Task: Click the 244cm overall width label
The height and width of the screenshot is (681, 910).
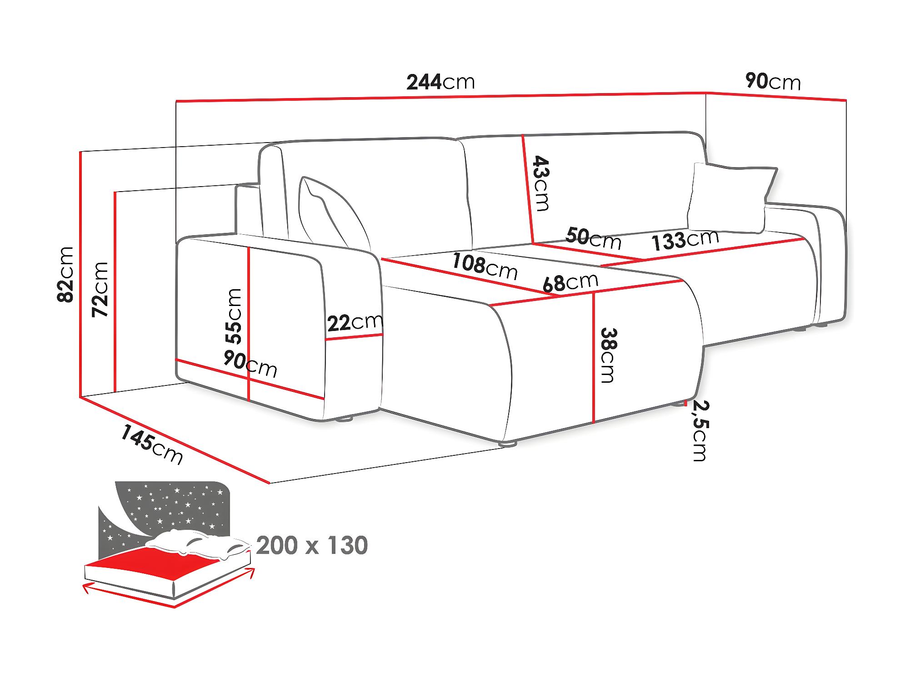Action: tap(440, 82)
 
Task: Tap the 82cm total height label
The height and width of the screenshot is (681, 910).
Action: tap(66, 274)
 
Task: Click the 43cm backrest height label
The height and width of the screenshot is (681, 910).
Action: tap(541, 183)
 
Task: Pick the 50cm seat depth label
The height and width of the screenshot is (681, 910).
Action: tap(594, 238)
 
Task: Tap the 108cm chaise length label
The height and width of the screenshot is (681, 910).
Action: tap(485, 266)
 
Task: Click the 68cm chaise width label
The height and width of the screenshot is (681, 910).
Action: tap(570, 282)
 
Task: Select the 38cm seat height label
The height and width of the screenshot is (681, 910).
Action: tap(608, 355)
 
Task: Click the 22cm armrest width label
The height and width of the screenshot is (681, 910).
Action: tap(355, 322)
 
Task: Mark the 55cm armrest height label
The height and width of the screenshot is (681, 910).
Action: tap(234, 316)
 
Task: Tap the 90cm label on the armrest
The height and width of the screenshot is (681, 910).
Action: tap(250, 364)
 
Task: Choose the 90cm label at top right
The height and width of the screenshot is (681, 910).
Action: tap(773, 81)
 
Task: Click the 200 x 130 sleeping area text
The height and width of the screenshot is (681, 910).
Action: tap(312, 546)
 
